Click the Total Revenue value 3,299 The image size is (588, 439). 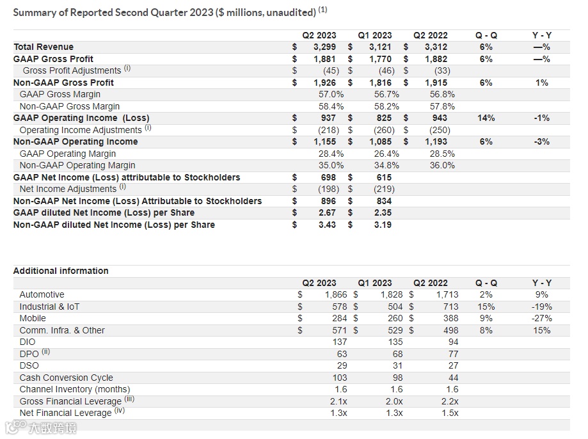point(324,47)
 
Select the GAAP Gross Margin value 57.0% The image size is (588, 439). point(331,94)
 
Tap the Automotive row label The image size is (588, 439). point(42,294)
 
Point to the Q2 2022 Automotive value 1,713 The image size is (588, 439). point(447,294)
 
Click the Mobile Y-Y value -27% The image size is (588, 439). point(541,318)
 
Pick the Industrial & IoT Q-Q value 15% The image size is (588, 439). point(486,307)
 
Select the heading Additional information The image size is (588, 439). point(61,271)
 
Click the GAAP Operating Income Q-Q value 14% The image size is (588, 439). point(486,118)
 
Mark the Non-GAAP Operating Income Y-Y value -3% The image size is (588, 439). point(541,141)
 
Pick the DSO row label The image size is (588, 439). point(29,365)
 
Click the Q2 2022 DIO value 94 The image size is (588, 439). point(452,342)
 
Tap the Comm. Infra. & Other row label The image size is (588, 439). point(62,330)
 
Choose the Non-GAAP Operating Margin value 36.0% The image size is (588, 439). point(442,165)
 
